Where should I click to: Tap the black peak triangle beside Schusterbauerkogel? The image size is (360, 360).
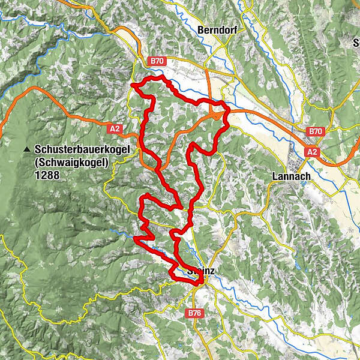[x=26, y=149]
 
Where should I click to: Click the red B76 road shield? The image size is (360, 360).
[x=194, y=313]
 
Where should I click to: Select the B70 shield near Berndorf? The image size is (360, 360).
[x=157, y=61]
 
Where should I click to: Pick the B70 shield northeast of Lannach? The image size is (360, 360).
[x=316, y=131]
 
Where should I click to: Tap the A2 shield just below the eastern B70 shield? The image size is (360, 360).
[x=311, y=152]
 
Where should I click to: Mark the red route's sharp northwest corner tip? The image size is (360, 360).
[x=131, y=85]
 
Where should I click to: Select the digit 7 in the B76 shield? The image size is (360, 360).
[x=194, y=313]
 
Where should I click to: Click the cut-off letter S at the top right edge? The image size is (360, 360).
[x=357, y=43]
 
